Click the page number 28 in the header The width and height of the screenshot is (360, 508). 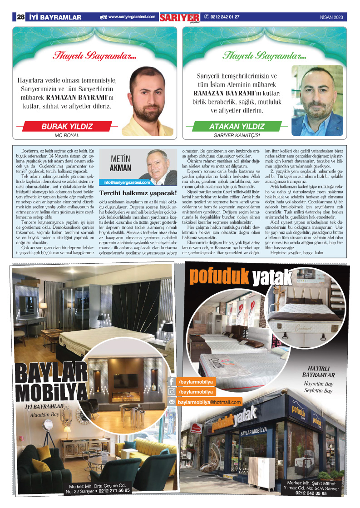point(20,17)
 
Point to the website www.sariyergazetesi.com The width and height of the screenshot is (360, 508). point(131,17)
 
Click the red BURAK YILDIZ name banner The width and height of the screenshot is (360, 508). point(67,126)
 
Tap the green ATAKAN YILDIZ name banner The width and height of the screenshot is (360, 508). point(237,127)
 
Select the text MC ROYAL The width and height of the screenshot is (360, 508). point(67,135)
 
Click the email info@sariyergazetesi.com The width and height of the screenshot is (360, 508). point(127,182)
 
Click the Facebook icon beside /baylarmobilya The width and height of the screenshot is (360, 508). point(172,382)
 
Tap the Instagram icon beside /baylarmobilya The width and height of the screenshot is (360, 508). point(172,392)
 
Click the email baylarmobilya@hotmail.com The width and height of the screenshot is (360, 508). point(209,402)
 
